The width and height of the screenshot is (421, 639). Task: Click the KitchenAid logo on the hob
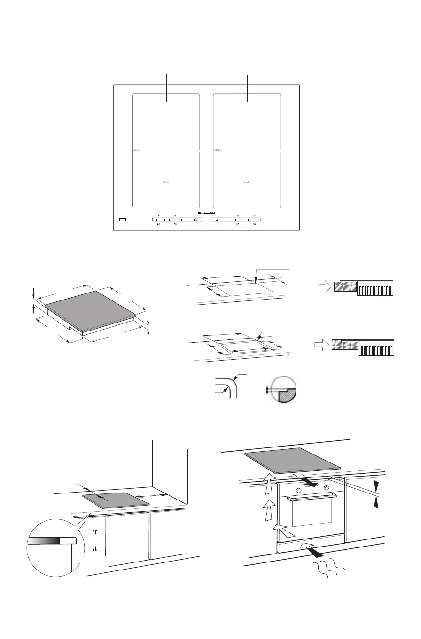click(x=207, y=213)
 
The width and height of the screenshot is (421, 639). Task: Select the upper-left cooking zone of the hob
click(x=166, y=122)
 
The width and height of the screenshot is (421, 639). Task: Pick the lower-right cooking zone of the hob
click(x=247, y=180)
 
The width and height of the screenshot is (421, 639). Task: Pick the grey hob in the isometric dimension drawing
click(x=90, y=311)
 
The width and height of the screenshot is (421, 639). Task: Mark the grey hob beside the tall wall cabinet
click(x=116, y=500)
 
